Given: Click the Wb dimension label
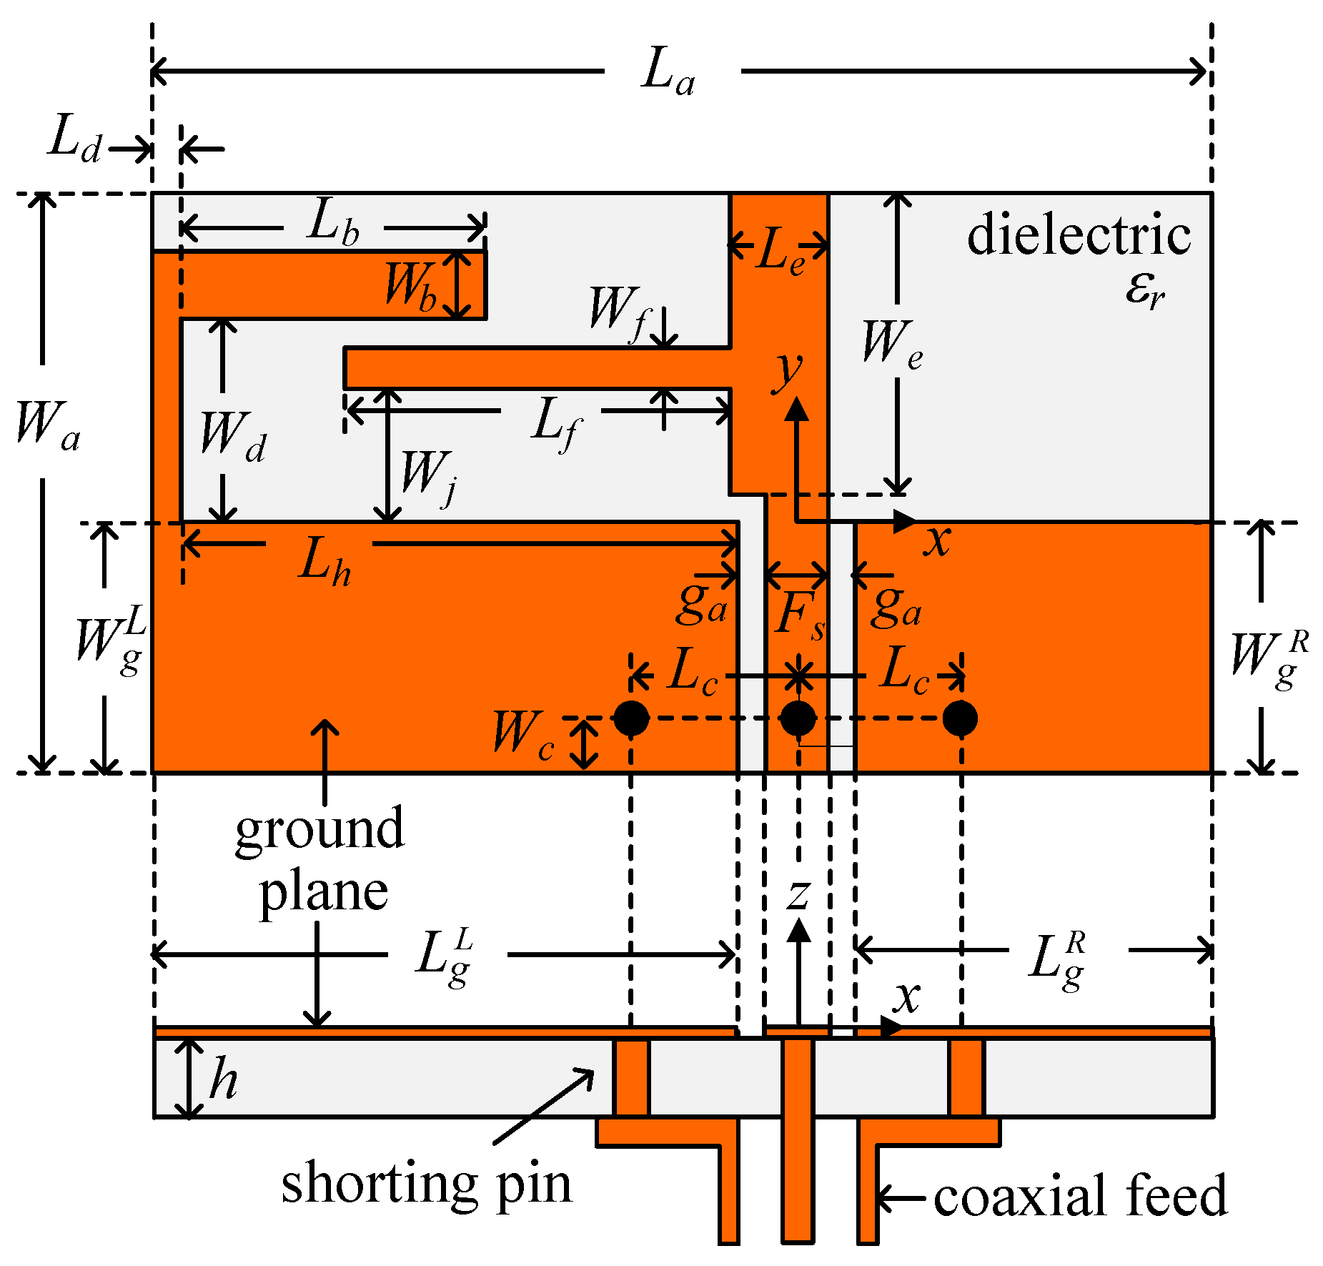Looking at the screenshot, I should (x=410, y=287).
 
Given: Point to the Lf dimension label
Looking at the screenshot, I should (x=556, y=423).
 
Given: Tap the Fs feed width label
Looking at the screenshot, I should (x=800, y=616).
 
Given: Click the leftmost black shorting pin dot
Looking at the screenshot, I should (x=632, y=718).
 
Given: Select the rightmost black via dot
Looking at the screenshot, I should (x=960, y=718).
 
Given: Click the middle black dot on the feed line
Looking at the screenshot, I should (x=798, y=718).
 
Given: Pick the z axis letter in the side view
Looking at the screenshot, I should (x=798, y=894).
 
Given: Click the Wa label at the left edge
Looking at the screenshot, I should (x=47, y=426).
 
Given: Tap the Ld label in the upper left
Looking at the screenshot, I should (x=74, y=139).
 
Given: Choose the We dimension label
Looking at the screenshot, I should (x=891, y=345).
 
